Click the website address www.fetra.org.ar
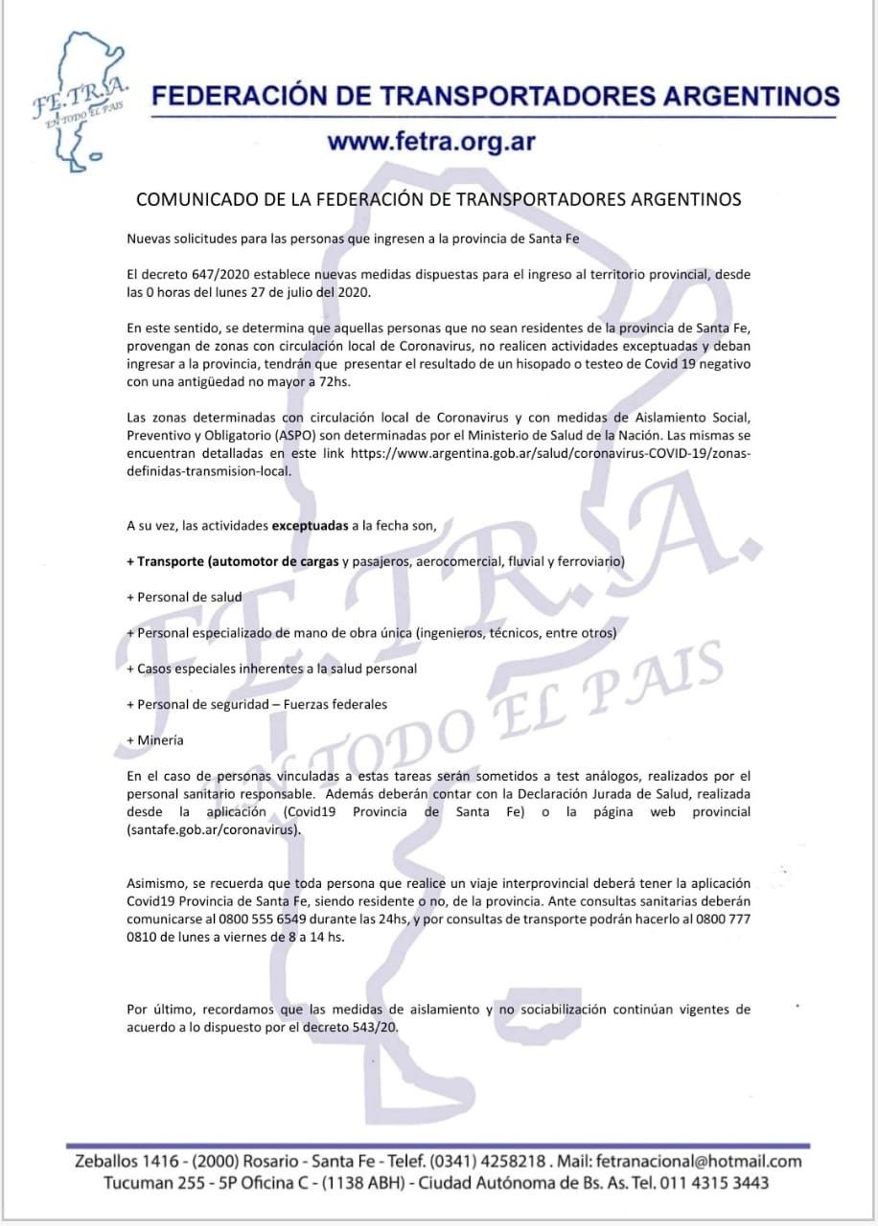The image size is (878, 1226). pyautogui.click(x=430, y=142)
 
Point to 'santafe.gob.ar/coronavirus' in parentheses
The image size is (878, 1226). pyautogui.click(x=213, y=829)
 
